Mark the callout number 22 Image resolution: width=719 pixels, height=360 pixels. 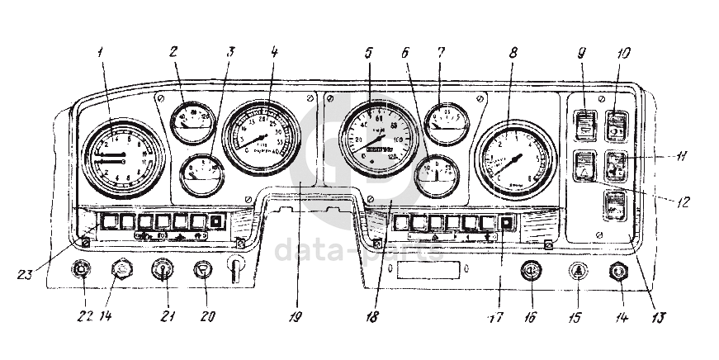pyautogui.click(x=81, y=317)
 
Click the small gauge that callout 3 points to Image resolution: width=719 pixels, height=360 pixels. pyautogui.click(x=202, y=170)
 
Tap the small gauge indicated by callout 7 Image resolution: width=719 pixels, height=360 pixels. pyautogui.click(x=447, y=121)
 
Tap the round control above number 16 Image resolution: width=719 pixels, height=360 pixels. pyautogui.click(x=531, y=271)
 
